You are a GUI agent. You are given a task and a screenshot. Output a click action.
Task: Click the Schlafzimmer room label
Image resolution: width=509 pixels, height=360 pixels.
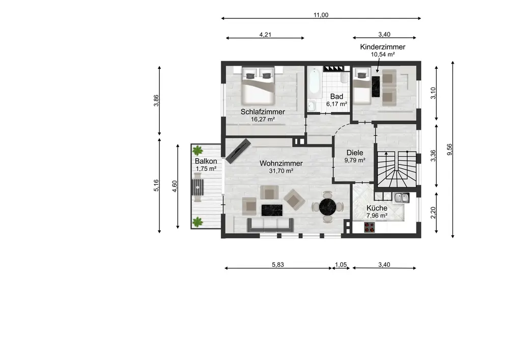[x=263, y=112]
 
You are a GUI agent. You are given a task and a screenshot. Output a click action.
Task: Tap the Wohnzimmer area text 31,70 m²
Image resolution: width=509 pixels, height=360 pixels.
[x=281, y=171]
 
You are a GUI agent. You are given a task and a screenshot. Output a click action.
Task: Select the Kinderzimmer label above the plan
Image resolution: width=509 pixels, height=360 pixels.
[x=383, y=47]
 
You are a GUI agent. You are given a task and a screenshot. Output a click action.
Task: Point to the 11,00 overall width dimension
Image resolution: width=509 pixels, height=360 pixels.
[x=321, y=15]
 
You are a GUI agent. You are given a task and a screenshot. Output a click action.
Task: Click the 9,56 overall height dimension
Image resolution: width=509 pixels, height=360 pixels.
[x=449, y=149]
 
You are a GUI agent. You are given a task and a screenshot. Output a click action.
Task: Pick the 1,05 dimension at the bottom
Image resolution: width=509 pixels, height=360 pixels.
[x=341, y=265]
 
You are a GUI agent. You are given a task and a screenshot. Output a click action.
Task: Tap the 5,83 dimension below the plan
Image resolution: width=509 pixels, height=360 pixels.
[x=278, y=265]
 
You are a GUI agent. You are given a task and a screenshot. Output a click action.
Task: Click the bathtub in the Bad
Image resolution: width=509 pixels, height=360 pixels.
[x=314, y=80]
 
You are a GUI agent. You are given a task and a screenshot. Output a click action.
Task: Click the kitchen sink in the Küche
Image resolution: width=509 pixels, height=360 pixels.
[x=401, y=198]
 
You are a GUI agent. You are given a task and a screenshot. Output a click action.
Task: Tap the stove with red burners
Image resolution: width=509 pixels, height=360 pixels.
[x=370, y=227]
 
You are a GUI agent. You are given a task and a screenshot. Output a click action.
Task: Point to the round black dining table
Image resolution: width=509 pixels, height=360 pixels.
[x=327, y=206]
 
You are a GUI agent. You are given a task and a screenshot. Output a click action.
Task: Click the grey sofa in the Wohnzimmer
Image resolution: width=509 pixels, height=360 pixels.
[x=270, y=225]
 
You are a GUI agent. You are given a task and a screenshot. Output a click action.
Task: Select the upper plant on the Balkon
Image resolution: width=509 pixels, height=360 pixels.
[x=197, y=151]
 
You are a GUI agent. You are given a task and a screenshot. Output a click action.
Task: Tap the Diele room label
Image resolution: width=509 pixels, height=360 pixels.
[x=355, y=153]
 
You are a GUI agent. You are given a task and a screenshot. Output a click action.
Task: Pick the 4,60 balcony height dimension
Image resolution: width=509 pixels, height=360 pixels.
[x=175, y=186]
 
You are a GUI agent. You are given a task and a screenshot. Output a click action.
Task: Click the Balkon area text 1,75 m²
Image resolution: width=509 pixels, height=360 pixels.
[x=206, y=169]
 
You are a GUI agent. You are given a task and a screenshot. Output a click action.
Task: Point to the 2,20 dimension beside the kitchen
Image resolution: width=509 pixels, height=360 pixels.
[x=433, y=213]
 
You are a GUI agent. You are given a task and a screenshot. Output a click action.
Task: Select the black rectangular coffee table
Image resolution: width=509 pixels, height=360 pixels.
[x=272, y=210]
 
